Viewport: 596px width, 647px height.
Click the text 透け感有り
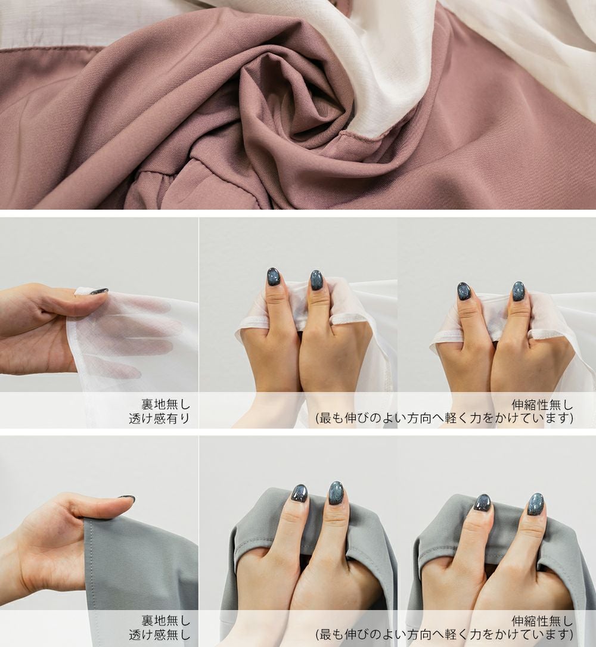click(x=159, y=419)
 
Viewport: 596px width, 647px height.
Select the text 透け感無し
click(x=159, y=634)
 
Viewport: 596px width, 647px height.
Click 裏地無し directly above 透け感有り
click(x=166, y=404)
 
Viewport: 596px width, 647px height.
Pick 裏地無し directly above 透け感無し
click(x=166, y=620)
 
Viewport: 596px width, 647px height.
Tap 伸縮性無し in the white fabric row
click(x=542, y=405)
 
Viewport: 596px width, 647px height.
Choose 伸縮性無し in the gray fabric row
click(x=542, y=621)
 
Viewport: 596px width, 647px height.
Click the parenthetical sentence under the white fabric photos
click(x=445, y=419)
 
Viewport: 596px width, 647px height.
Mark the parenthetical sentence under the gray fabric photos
click(x=445, y=634)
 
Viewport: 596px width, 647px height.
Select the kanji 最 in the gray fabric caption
click(x=325, y=634)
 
